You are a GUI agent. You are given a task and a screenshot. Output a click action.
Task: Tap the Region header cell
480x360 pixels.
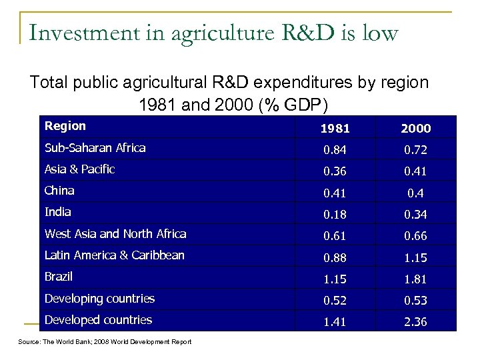[65, 126]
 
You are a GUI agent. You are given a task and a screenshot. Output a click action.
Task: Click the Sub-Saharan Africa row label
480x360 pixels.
[95, 148]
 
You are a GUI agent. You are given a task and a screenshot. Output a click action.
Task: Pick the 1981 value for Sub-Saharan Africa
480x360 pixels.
[335, 150]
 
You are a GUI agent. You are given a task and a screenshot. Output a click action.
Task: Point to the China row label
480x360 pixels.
[59, 191]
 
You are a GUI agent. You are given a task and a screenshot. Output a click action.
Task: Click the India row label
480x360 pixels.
[57, 212]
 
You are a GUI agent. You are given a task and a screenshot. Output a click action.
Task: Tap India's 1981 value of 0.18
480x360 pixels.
[335, 214]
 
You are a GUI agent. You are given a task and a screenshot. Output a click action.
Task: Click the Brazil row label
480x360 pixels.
[59, 277]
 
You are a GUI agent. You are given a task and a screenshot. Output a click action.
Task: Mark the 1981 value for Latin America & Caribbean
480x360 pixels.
[335, 257]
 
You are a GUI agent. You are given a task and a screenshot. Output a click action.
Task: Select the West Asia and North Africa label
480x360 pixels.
[115, 234]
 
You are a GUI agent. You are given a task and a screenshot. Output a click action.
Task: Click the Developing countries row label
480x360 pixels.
[99, 299]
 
